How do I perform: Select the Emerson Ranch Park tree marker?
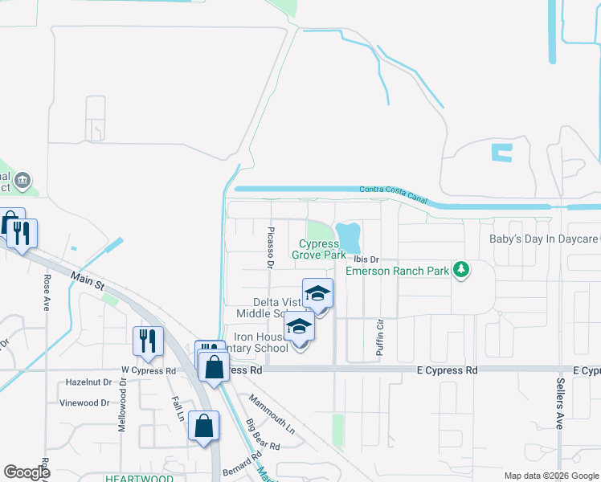[461, 270]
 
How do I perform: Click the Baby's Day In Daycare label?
[544, 239]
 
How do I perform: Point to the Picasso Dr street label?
[270, 247]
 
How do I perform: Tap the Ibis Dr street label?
[363, 259]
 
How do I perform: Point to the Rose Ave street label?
[47, 292]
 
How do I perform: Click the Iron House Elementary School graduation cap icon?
[299, 327]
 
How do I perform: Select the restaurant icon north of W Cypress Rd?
[148, 341]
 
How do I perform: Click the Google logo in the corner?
[27, 472]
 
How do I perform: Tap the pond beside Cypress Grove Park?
[349, 236]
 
